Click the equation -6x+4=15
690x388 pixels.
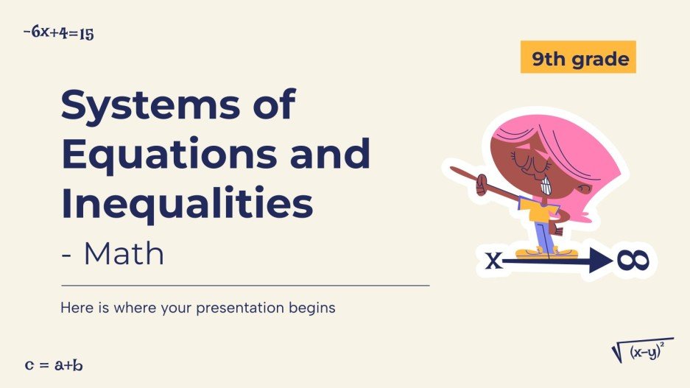pos(58,32)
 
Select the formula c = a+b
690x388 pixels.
pos(54,364)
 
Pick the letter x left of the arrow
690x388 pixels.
pos(493,261)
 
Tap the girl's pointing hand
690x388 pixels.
pos(481,183)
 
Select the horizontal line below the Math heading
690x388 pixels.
pos(244,285)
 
